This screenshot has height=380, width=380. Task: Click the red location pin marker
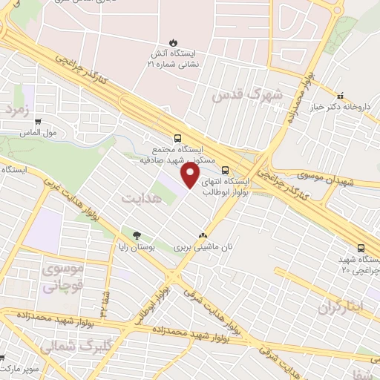tap(191, 175)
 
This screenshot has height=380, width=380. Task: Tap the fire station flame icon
tap(172, 41)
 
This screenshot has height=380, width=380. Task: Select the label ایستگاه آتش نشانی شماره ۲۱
tap(172, 59)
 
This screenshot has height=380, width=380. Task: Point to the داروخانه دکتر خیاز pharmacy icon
tap(340, 96)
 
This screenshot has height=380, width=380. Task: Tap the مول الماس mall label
tap(39, 134)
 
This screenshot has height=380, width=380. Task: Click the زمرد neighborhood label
tap(16, 109)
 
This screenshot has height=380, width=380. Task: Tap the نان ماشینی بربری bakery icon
tap(202, 235)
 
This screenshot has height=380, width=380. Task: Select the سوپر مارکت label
tap(19, 367)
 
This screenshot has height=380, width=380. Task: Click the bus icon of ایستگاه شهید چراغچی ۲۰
tap(361, 249)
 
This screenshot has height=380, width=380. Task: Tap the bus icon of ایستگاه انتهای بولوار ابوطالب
tap(225, 168)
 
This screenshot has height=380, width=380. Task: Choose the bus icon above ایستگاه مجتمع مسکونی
tap(177, 137)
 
